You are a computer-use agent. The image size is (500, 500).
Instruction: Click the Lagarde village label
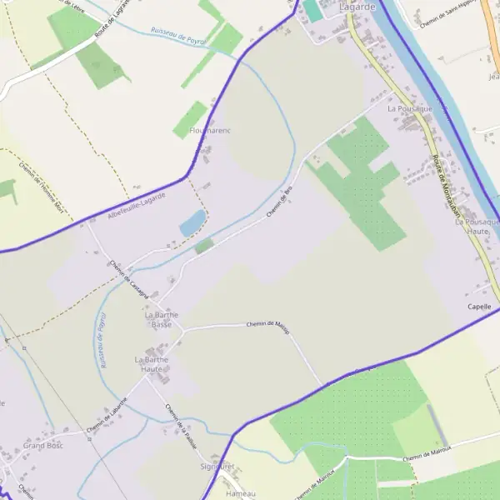[x=358, y=7]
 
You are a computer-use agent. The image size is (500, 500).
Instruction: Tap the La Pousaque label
[x=410, y=108]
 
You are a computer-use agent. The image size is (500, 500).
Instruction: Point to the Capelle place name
[x=480, y=307]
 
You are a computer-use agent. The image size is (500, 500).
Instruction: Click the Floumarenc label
[x=210, y=131]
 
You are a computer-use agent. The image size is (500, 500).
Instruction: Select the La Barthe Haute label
[x=152, y=364]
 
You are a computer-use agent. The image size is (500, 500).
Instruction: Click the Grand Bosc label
[x=43, y=446]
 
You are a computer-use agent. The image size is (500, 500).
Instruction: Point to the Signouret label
[x=218, y=467]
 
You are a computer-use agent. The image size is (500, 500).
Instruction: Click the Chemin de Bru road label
[x=280, y=202]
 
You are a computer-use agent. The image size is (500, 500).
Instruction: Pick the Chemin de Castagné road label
[x=128, y=279]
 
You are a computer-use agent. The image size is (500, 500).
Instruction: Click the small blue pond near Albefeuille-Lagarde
[x=192, y=222]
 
